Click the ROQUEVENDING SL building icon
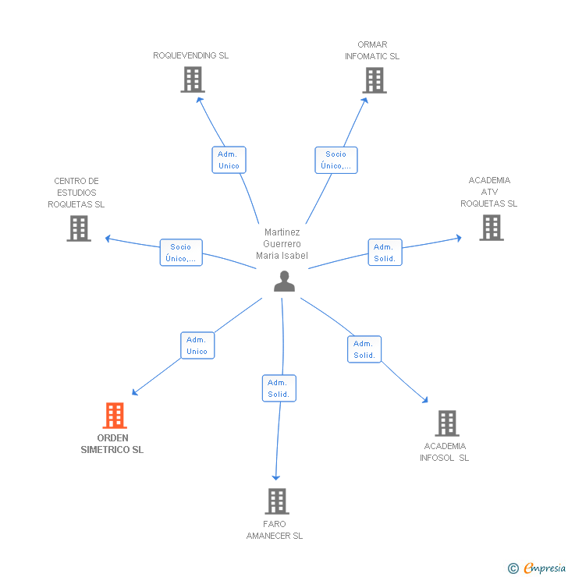[x=193, y=80]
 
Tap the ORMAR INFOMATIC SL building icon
[x=374, y=80]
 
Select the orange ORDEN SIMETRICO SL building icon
[x=115, y=416]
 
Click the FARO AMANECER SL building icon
[x=277, y=501]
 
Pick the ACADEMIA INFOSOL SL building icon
[x=446, y=423]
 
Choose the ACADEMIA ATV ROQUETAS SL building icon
[x=491, y=227]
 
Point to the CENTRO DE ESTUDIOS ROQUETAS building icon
[x=79, y=228]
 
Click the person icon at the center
[x=284, y=281]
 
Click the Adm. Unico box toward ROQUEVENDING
[x=229, y=160]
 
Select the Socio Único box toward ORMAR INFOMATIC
[x=336, y=160]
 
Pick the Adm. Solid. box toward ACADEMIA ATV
[x=385, y=253]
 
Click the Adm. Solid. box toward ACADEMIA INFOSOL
[x=364, y=349]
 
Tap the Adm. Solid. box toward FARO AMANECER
[x=279, y=388]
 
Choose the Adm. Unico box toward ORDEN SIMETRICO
[x=197, y=345]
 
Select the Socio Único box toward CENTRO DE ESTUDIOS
[x=180, y=253]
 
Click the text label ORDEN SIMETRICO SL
[x=112, y=444]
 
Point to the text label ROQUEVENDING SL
[x=191, y=55]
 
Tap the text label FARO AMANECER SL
[x=275, y=529]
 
